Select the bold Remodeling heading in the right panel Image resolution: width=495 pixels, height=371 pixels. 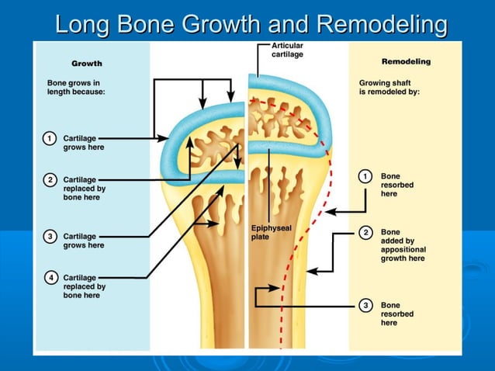[406, 61]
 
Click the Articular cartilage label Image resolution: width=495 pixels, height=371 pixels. [287, 50]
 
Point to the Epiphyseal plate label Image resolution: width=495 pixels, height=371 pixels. [271, 231]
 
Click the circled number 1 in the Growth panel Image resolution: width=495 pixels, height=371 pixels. [50, 138]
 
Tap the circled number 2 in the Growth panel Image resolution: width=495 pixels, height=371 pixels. [50, 180]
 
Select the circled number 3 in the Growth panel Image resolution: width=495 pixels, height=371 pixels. [50, 236]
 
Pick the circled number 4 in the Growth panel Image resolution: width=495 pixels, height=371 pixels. [50, 277]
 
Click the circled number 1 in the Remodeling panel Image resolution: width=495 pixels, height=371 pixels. [365, 176]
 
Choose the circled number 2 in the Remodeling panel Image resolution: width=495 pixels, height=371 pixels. [365, 232]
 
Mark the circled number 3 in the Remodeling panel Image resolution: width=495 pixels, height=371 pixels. [365, 305]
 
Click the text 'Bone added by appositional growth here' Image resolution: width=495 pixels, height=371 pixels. [403, 245]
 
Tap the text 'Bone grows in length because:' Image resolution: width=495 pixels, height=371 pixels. [76, 87]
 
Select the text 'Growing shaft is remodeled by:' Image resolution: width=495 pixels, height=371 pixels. [389, 87]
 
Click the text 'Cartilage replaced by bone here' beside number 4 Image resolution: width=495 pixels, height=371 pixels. [84, 286]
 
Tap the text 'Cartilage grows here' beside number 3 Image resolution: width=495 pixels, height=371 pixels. [83, 241]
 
